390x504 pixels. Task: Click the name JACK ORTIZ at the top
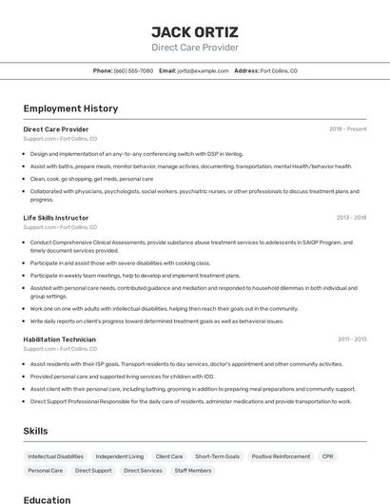coord(195,31)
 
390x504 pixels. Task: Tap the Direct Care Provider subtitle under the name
coord(195,48)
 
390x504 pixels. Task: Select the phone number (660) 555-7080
coord(133,70)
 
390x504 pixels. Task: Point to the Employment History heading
coord(70,108)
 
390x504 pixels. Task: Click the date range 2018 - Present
coord(347,128)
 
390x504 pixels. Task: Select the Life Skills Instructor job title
coord(56,218)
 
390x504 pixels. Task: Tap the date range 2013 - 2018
coord(351,218)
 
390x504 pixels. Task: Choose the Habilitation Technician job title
coord(60,339)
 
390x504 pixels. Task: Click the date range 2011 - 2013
coord(351,339)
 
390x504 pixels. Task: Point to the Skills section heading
coord(35,431)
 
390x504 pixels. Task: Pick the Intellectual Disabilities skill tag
coord(56,456)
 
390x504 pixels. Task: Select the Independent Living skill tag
coord(120,456)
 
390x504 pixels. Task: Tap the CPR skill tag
coord(328,456)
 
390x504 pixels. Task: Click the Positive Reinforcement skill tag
coord(281,456)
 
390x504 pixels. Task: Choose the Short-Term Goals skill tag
coord(217,456)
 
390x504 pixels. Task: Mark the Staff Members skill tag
coord(193,471)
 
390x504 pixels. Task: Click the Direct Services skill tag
coord(143,471)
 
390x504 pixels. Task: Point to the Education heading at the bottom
coord(47,499)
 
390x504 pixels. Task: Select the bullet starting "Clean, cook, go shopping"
coord(91,178)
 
